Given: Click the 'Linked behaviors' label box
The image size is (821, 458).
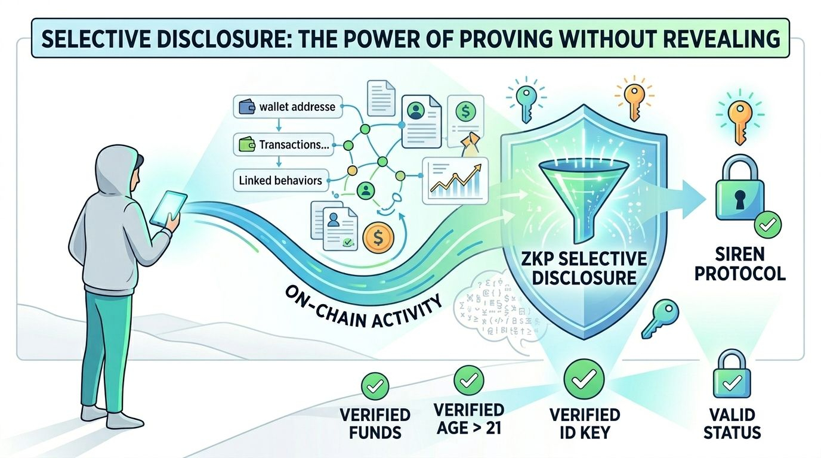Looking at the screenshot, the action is click(280, 180).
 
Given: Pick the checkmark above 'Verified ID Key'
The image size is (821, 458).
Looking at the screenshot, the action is click(584, 379).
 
